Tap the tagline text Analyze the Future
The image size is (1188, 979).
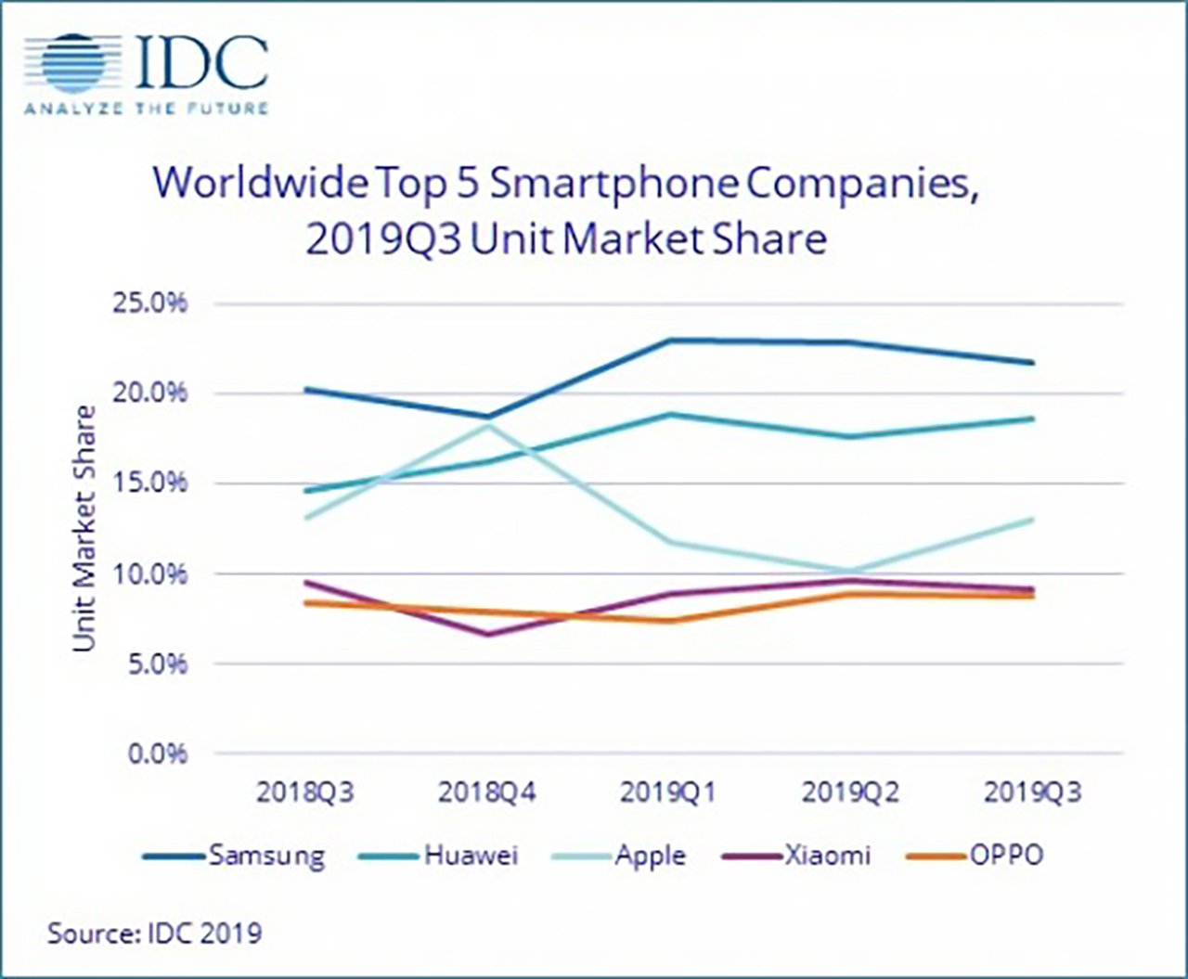tap(146, 109)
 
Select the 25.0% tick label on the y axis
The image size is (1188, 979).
tap(150, 303)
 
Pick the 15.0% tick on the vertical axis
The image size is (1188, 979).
tap(150, 483)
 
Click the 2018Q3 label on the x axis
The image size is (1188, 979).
tap(305, 793)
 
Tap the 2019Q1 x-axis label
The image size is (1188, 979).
tap(668, 793)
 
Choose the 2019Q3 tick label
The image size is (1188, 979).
tap(1032, 793)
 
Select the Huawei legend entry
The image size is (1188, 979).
tap(439, 856)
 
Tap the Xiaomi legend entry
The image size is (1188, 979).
tap(797, 856)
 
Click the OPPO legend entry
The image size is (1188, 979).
tap(975, 856)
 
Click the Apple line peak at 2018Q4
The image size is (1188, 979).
tap(488, 426)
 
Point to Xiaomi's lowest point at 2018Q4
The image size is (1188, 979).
tap(488, 635)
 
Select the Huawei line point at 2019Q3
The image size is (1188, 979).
tap(1033, 419)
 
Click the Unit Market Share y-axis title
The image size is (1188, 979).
tap(84, 528)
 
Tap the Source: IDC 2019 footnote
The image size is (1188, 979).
tap(154, 933)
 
